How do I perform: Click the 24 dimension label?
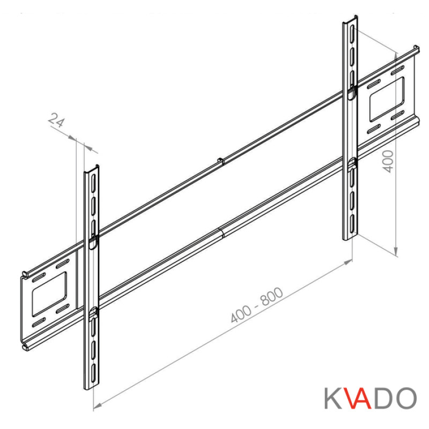pos(56,120)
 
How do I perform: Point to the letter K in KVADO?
pos(333,398)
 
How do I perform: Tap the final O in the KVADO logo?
pos(406,398)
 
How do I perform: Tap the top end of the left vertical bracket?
pos(92,168)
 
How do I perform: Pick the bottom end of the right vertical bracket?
pos(350,238)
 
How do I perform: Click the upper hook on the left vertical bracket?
pos(92,241)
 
